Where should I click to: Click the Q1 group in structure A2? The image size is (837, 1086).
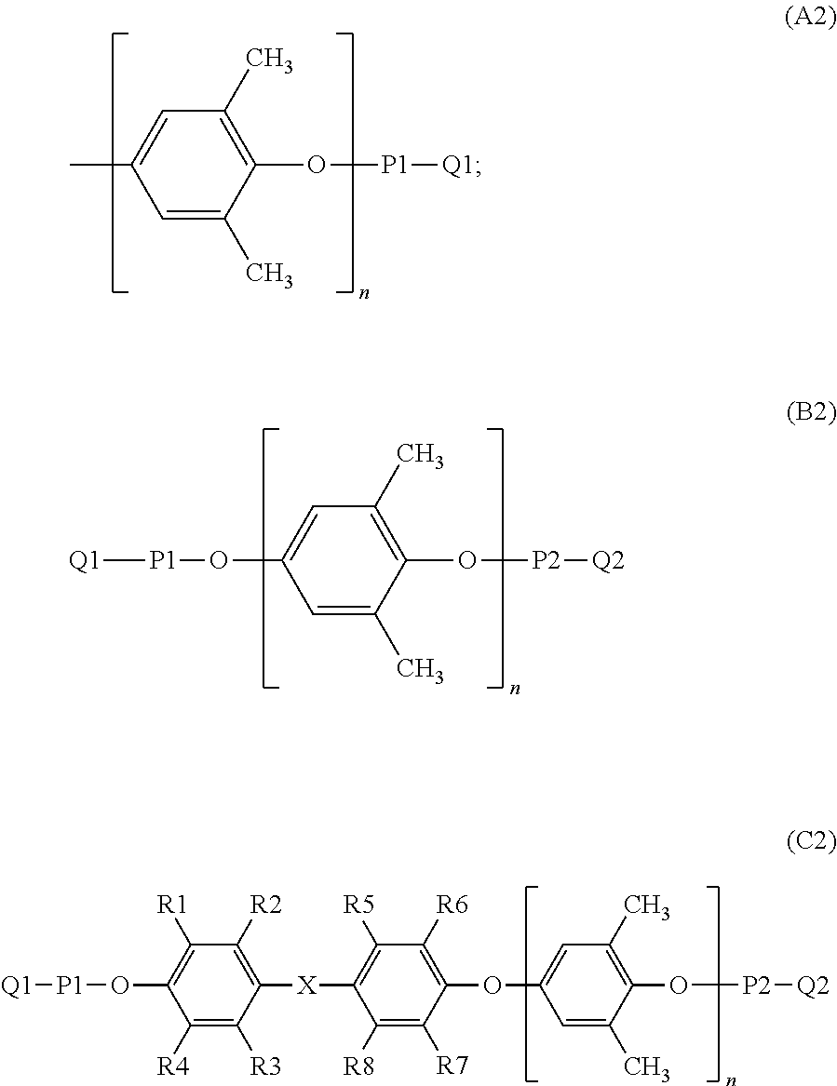coord(459,168)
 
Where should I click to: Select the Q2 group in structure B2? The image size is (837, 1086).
coord(608,561)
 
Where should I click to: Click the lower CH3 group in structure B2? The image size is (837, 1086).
coord(420,669)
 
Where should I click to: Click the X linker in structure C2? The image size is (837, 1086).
coord(306,985)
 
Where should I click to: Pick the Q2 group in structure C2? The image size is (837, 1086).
coord(810,985)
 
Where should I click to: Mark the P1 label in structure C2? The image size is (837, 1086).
coord(71,985)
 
